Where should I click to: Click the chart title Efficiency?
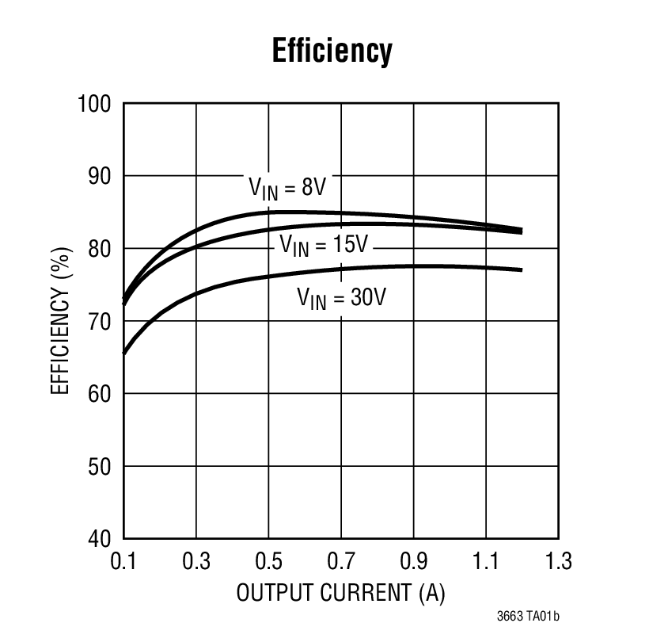332,52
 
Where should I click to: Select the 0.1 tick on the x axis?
123,562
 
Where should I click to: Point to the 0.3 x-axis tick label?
196,562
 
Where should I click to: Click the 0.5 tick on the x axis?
268,562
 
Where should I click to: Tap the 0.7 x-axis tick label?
341,562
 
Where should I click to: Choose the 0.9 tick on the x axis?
413,562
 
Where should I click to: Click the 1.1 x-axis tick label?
485,562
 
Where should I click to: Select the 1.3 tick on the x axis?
557,562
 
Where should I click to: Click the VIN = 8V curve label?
287,188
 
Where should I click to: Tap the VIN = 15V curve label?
324,245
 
